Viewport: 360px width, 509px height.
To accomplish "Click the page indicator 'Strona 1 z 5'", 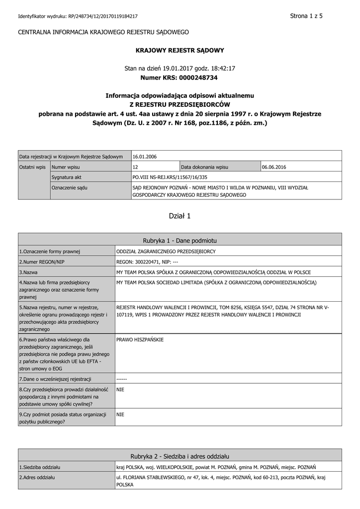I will coord(306,16).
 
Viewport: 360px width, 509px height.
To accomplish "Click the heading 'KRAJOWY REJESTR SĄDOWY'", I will coord(180,50).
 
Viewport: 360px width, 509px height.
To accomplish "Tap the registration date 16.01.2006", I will coord(145,157).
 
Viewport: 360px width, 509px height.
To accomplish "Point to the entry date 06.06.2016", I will coord(274,167).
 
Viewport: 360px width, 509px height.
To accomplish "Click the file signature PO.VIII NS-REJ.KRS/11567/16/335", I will coord(170,177).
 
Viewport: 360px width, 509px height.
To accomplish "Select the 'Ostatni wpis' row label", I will coord(32,167).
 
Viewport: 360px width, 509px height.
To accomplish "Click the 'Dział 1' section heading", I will coord(180,216).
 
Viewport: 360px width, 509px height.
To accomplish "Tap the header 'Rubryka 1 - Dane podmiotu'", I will coord(180,240).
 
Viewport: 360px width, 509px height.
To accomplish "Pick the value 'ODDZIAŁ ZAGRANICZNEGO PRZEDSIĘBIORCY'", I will coord(166,252).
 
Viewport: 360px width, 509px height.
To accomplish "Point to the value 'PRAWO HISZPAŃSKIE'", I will coord(140,339).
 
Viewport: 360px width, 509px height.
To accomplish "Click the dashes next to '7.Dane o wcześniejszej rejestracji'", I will coord(122,379).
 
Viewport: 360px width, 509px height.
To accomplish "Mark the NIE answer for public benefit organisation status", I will coord(120,414).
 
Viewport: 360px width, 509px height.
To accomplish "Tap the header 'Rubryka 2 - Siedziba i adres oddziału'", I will coord(180,456).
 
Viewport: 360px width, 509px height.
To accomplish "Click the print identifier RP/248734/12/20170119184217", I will coord(103,16).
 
